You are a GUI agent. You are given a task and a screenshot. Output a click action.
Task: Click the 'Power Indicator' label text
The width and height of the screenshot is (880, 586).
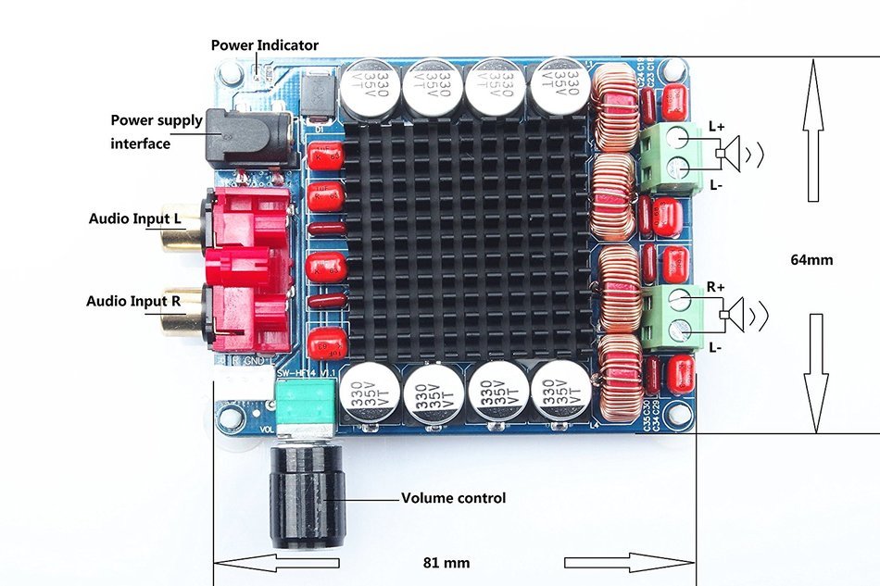[265, 44]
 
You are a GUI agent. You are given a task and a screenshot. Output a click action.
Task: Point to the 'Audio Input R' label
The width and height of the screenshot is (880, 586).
[132, 301]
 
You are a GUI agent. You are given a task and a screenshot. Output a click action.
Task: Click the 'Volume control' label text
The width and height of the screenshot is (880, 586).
[454, 498]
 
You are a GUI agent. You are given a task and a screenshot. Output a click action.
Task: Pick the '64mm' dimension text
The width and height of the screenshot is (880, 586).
[812, 259]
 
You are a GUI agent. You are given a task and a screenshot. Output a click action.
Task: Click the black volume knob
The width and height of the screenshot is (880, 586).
[307, 493]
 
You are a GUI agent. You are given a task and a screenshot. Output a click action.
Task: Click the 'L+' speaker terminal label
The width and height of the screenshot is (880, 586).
[716, 125]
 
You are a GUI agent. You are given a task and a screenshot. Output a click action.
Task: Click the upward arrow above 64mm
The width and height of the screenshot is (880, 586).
[813, 131]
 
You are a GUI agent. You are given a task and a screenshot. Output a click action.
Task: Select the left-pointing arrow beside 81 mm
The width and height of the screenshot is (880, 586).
[270, 563]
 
